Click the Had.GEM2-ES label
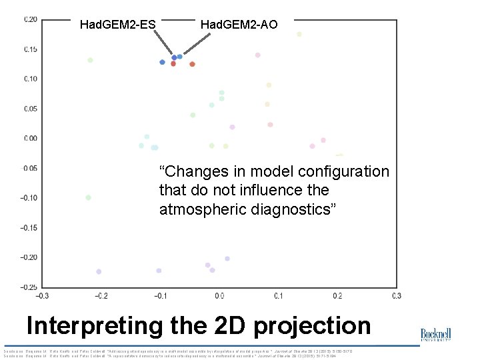point(117,25)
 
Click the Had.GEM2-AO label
point(239,25)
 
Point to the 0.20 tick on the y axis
point(31,19)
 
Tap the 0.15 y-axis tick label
point(31,50)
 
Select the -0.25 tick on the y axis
point(29,287)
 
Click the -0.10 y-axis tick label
point(29,198)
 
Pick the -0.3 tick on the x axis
point(41,295)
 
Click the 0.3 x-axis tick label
point(396,295)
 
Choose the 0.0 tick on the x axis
point(219,295)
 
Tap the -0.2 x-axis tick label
point(100,295)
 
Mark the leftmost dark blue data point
point(162,62)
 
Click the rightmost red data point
point(192,64)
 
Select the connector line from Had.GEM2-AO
point(195,44)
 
